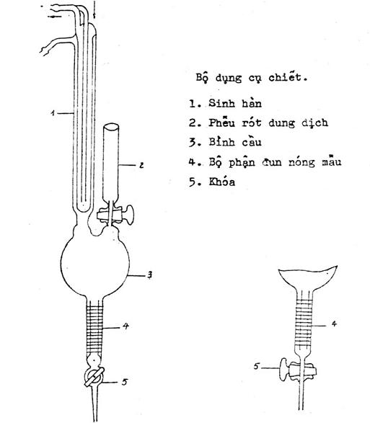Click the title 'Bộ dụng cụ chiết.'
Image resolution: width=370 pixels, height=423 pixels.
(x=252, y=78)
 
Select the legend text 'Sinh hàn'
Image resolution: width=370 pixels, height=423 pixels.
(x=235, y=103)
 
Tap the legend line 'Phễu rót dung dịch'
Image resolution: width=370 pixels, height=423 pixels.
(x=268, y=123)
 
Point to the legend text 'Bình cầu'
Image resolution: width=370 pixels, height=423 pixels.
(x=235, y=142)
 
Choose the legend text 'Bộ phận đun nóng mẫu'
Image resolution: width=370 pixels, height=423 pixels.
(x=275, y=161)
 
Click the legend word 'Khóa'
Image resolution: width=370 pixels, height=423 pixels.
(x=221, y=182)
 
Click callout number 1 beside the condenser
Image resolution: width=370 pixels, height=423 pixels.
(x=53, y=112)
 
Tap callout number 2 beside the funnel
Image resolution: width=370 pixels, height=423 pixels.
(x=141, y=165)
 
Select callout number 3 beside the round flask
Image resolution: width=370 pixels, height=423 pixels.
(x=149, y=275)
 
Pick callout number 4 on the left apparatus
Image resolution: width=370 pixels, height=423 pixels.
(x=125, y=326)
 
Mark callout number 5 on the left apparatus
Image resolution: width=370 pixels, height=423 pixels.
(x=124, y=382)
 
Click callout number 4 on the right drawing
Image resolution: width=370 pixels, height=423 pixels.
(x=334, y=324)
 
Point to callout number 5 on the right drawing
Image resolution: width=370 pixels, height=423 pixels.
(x=257, y=366)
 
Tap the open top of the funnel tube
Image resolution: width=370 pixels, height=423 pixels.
(x=111, y=127)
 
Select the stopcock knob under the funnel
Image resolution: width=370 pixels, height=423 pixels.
(x=130, y=215)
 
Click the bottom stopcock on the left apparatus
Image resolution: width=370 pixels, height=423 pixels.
(x=94, y=376)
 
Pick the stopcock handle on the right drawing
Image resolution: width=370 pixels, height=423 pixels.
(x=283, y=370)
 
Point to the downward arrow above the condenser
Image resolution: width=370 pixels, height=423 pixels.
(x=94, y=9)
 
